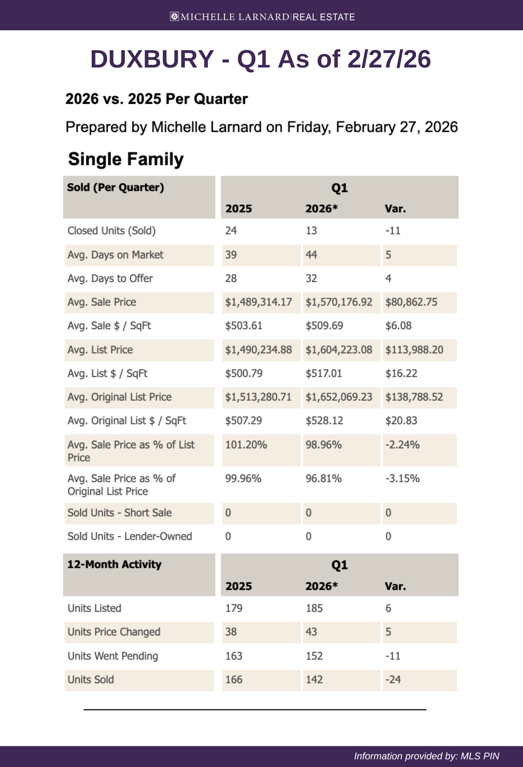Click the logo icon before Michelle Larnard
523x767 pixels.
pyautogui.click(x=174, y=16)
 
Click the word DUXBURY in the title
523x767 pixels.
pyautogui.click(x=152, y=59)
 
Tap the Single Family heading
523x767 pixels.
pyautogui.click(x=126, y=159)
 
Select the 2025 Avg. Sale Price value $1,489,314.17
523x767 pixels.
pyautogui.click(x=258, y=302)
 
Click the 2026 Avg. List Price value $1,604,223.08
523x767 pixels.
pyautogui.click(x=339, y=350)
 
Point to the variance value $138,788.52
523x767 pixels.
pyautogui.click(x=414, y=397)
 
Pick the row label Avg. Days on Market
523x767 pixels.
pyautogui.click(x=115, y=255)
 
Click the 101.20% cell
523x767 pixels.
pyautogui.click(x=246, y=445)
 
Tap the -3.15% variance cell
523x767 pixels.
pyautogui.click(x=403, y=479)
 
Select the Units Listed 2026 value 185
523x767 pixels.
pyautogui.click(x=314, y=608)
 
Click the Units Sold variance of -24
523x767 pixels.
pyautogui.click(x=393, y=680)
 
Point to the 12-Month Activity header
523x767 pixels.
pyautogui.click(x=114, y=565)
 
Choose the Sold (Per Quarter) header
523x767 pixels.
pyautogui.click(x=115, y=188)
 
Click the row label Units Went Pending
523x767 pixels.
pyautogui.click(x=113, y=656)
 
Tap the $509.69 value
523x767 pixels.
pyautogui.click(x=324, y=326)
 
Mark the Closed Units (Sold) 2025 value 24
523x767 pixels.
pyautogui.click(x=231, y=231)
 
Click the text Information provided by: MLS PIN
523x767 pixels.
pyautogui.click(x=426, y=756)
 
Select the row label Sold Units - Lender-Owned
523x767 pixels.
pyautogui.click(x=130, y=537)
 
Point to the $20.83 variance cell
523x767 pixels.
pyautogui.click(x=401, y=421)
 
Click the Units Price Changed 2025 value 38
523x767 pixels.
pyautogui.click(x=231, y=632)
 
